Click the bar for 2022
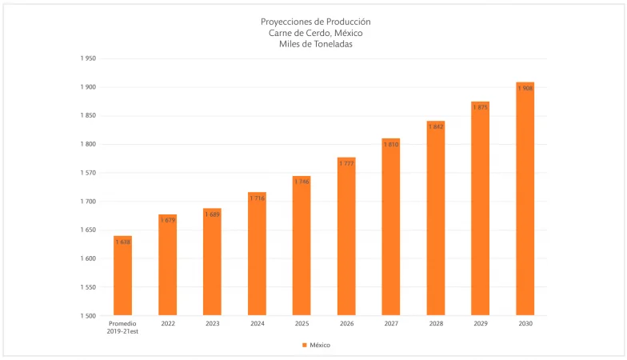167,265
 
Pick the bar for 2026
346,236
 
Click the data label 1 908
525,88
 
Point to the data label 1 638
122,242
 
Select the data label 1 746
302,182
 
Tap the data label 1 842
435,126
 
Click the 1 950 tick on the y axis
88,58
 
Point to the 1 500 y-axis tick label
88,316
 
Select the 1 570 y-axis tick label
88,173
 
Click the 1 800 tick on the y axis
88,144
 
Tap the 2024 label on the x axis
257,324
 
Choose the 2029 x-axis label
480,324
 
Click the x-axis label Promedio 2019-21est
122,328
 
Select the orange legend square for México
305,345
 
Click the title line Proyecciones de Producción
316,22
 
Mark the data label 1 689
212,214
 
